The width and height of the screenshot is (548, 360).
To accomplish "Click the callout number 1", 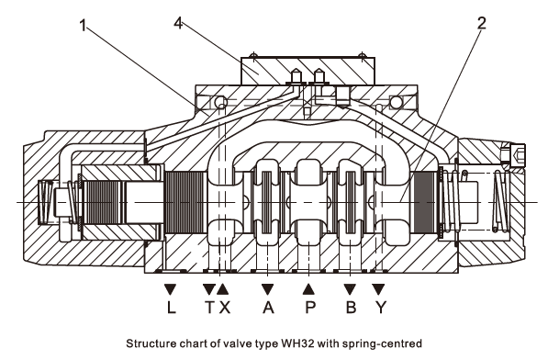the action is pyautogui.click(x=83, y=26).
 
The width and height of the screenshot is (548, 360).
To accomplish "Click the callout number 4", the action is pyautogui.click(x=178, y=23).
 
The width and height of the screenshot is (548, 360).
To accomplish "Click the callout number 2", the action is pyautogui.click(x=482, y=23).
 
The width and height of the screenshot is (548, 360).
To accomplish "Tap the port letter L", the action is pyautogui.click(x=171, y=308).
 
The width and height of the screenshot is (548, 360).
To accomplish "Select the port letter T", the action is pyautogui.click(x=209, y=308).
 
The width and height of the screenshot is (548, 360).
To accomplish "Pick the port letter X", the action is pyautogui.click(x=224, y=308).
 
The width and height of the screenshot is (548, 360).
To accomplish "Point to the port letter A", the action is pyautogui.click(x=268, y=308).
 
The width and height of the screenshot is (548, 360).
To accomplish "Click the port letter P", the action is pyautogui.click(x=310, y=308).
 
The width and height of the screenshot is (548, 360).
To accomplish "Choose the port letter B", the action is pyautogui.click(x=351, y=308).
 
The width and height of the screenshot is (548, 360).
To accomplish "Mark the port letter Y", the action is pyautogui.click(x=381, y=308).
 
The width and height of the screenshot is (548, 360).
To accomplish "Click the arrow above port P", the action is pyautogui.click(x=308, y=288).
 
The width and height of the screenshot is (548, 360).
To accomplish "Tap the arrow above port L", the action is pyautogui.click(x=170, y=288).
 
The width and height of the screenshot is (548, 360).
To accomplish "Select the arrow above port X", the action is pyautogui.click(x=223, y=288).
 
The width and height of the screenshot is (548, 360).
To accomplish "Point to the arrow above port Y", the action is pyautogui.click(x=378, y=288).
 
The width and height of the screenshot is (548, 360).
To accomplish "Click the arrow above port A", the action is pyautogui.click(x=267, y=288).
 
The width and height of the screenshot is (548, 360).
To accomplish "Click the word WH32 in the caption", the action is pyautogui.click(x=296, y=343).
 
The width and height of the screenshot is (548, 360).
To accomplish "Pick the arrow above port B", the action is pyautogui.click(x=350, y=288).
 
